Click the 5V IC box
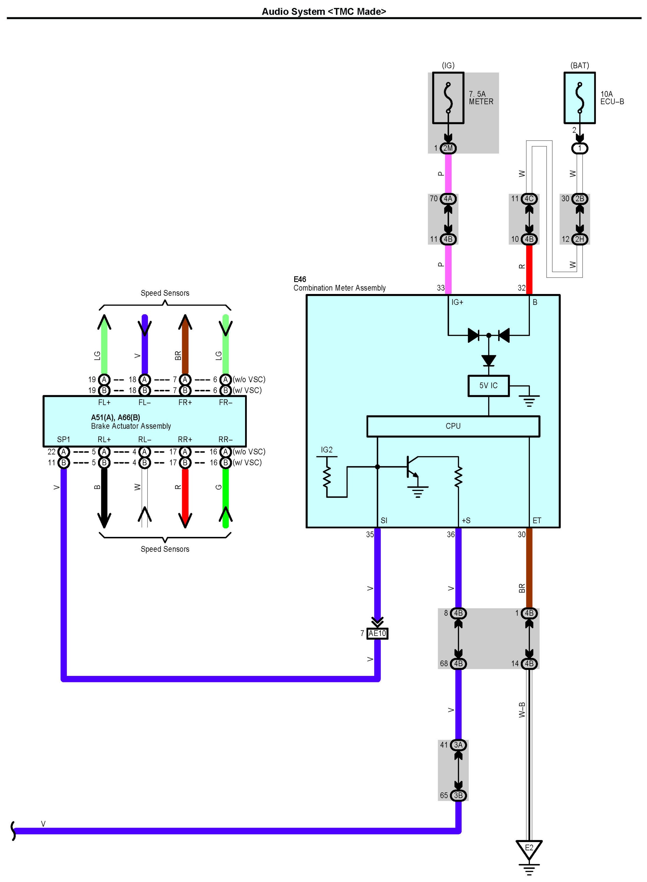(x=488, y=386)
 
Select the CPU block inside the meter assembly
(x=453, y=426)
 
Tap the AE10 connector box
(x=377, y=633)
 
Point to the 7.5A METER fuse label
(x=481, y=98)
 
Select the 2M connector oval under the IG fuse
(x=448, y=148)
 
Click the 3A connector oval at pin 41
(x=458, y=745)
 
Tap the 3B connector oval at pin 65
(x=458, y=795)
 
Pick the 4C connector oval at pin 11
(x=529, y=199)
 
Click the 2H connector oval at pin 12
(x=580, y=239)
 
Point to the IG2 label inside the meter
(x=327, y=450)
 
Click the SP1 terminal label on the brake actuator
(x=64, y=440)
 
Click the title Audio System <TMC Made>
(x=324, y=12)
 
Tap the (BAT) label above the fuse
(x=580, y=65)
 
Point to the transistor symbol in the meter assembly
(x=413, y=467)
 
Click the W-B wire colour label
(x=522, y=709)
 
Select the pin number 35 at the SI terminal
(x=370, y=534)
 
